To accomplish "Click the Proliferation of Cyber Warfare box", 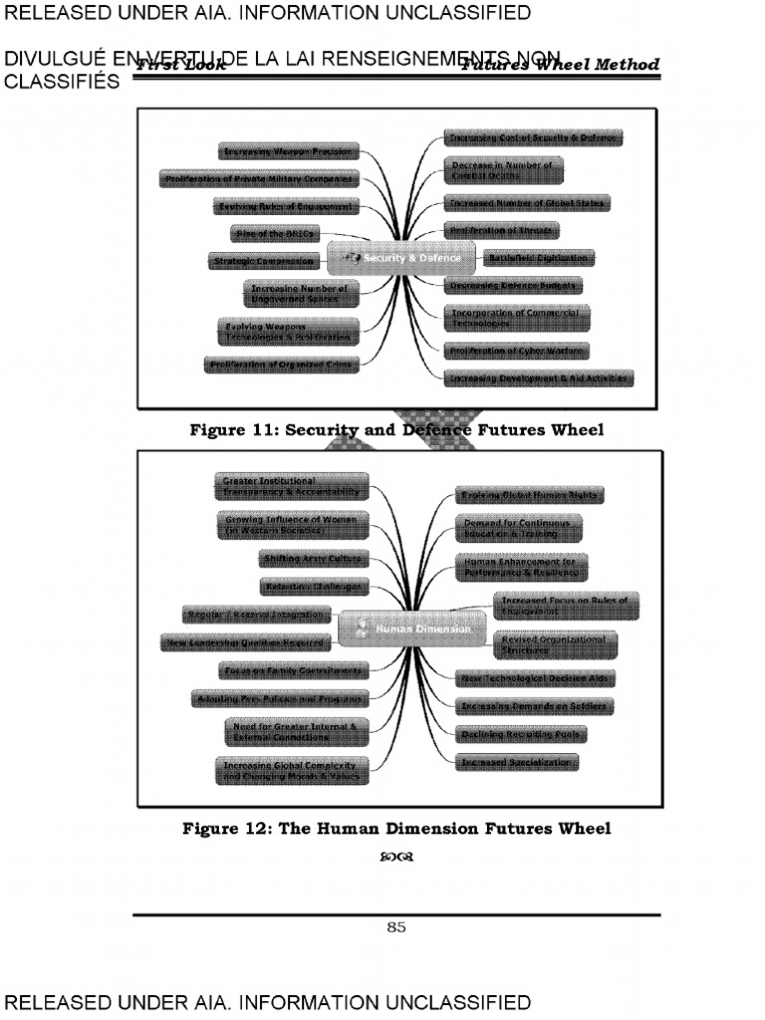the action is [517, 351].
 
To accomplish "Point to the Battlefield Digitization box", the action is [537, 258].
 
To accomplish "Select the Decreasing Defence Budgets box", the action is [512, 285].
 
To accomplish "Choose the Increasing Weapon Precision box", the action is [288, 151].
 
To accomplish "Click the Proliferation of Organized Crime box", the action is [282, 366].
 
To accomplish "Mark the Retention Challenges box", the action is [314, 587].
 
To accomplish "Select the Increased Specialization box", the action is [517, 763].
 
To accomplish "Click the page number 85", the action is [396, 927].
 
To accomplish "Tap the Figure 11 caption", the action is [396, 430].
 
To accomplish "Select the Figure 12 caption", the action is [395, 828].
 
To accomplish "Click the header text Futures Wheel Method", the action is [560, 65].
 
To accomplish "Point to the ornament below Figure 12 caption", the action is [395, 856].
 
